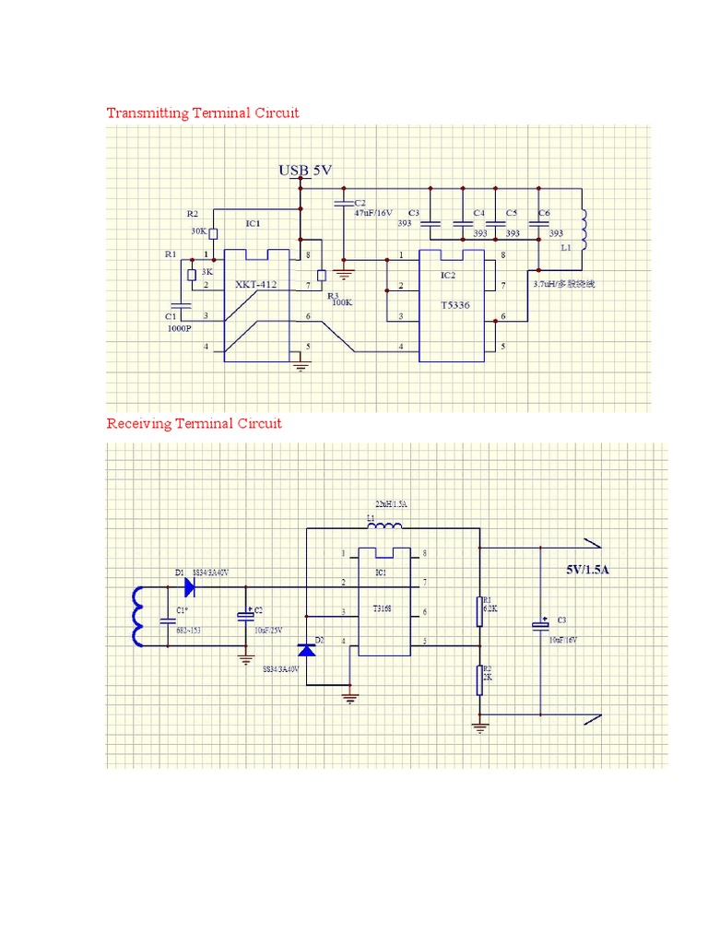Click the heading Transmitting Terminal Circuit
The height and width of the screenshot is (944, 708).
(x=203, y=113)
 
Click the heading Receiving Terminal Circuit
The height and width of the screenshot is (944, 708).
(x=194, y=424)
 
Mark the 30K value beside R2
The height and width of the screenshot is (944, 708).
(x=199, y=231)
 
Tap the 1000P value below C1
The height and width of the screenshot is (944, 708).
(x=179, y=328)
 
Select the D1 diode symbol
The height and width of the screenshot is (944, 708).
(x=190, y=585)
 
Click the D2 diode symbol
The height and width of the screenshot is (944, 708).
(x=306, y=650)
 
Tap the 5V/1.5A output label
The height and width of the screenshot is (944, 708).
(x=588, y=570)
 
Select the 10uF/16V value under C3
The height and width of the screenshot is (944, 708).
(x=562, y=639)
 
